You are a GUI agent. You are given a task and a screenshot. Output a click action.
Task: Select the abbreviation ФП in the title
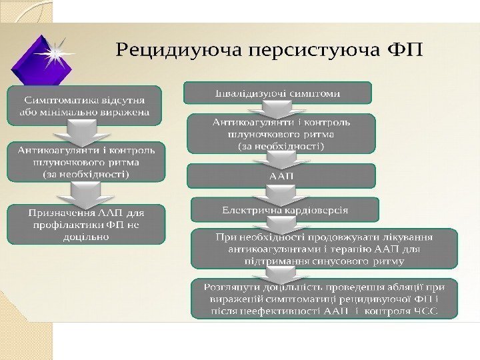coord(405,51)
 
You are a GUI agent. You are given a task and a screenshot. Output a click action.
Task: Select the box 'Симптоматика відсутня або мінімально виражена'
coord(85,105)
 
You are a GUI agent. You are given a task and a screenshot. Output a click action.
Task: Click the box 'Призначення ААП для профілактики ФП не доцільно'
coord(85,223)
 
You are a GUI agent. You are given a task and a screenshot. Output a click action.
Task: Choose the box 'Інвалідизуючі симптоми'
coord(277,93)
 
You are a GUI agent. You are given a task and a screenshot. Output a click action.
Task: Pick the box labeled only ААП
coord(281,176)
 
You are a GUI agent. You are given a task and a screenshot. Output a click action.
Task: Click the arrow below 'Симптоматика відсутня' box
coord(79,133)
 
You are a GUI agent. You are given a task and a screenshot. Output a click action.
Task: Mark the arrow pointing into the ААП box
coord(274,159)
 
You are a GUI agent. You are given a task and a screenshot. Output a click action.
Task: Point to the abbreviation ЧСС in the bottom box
coord(424,313)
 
